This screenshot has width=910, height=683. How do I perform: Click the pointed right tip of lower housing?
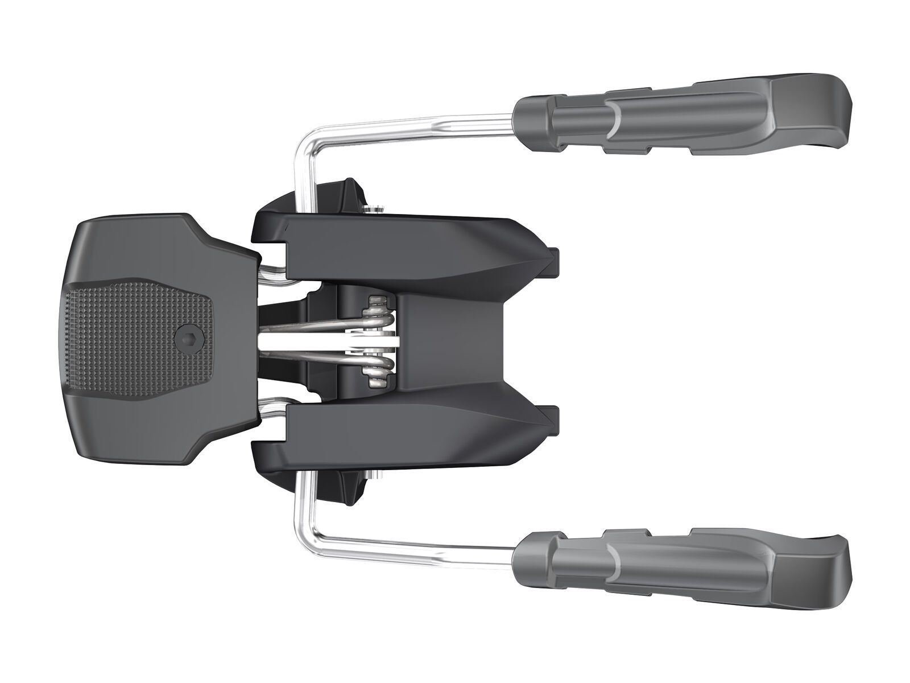555,424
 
